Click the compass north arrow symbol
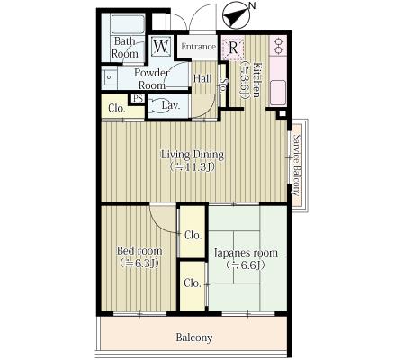coord(237,16)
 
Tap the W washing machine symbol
coord(161,46)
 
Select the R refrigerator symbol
coord(233,48)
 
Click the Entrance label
coord(198,47)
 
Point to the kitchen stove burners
coord(279,46)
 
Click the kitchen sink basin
coord(278,93)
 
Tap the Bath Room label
coord(124,48)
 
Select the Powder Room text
coord(151,79)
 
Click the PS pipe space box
coord(138,98)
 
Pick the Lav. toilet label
coord(171,105)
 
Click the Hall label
coord(202,79)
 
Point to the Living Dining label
coord(193,155)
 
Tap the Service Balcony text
coord(297,166)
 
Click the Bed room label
coord(139,251)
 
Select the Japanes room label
coord(246,253)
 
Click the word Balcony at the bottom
coord(194,337)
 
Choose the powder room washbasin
coord(109,77)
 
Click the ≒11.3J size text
coord(193,166)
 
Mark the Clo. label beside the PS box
coord(117,108)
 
